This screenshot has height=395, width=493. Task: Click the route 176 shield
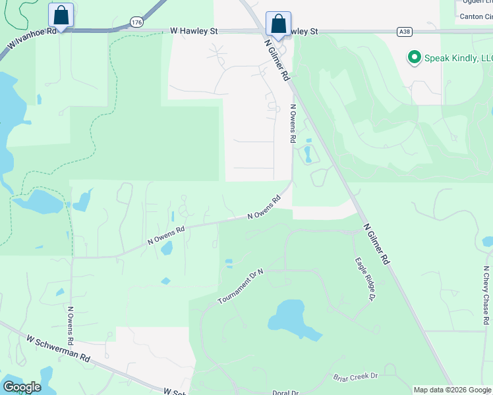pos(136,22)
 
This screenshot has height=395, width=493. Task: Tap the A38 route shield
pos(405,31)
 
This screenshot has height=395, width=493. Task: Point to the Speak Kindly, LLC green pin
pos(415,57)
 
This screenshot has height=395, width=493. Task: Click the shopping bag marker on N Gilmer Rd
pos(278,24)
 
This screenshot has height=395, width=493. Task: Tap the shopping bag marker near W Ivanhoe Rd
pos(61,16)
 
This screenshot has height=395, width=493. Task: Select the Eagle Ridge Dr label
pos(363,279)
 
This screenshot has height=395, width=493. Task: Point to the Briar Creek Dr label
pos(355,376)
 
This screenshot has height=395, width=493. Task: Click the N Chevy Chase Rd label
pos(486,290)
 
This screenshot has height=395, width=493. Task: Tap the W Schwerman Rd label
pos(58,348)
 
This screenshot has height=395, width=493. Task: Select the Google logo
pos(22,386)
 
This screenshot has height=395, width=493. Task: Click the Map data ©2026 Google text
pos(452,390)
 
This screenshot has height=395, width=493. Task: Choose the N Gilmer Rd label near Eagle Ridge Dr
pos(377,244)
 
